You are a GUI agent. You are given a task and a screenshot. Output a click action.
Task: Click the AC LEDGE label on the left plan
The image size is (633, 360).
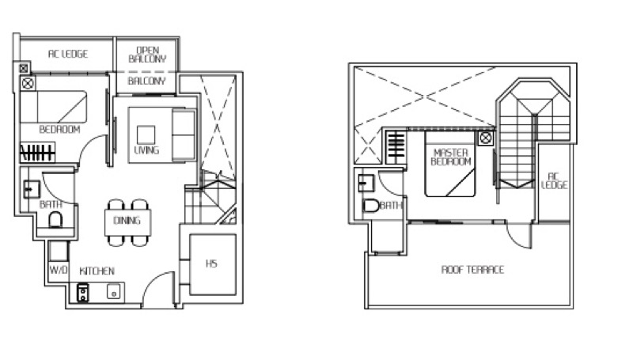[x=68, y=54]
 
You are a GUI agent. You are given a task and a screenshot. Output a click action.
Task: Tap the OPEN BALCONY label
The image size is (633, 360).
[x=147, y=55]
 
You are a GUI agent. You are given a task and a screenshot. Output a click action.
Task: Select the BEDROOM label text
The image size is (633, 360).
[x=59, y=130]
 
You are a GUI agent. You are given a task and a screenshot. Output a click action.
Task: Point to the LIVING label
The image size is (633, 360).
[x=146, y=150]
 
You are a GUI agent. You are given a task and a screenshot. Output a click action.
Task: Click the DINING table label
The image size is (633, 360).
[x=127, y=221]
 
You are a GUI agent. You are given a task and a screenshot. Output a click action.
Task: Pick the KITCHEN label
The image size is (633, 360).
[x=97, y=271]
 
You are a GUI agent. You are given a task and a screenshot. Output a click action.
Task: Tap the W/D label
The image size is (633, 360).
[x=59, y=270]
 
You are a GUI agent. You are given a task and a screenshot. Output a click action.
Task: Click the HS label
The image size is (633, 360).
[x=211, y=263]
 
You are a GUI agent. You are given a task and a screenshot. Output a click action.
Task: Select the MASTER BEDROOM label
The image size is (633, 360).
[x=450, y=157]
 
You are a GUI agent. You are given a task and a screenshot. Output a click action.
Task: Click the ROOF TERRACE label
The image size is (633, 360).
[x=472, y=269]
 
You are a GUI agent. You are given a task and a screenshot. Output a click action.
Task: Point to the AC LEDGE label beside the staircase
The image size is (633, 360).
[x=555, y=180]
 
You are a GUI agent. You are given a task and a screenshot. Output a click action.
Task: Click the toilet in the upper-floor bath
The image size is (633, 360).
[x=370, y=206]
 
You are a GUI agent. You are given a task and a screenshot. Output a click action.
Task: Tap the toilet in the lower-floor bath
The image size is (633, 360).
[x=55, y=221]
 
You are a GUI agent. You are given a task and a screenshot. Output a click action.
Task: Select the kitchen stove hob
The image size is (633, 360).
[x=83, y=293]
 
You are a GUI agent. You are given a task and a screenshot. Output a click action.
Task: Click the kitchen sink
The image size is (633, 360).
[x=113, y=292]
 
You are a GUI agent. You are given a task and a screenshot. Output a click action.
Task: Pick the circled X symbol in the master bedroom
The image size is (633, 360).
[x=486, y=138]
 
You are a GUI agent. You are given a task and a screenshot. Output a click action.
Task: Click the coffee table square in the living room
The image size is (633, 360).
[x=146, y=135]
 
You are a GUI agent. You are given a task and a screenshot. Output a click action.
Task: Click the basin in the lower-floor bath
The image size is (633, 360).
[x=32, y=189]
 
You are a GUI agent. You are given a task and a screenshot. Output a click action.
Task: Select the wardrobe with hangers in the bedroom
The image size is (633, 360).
[x=37, y=152]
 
